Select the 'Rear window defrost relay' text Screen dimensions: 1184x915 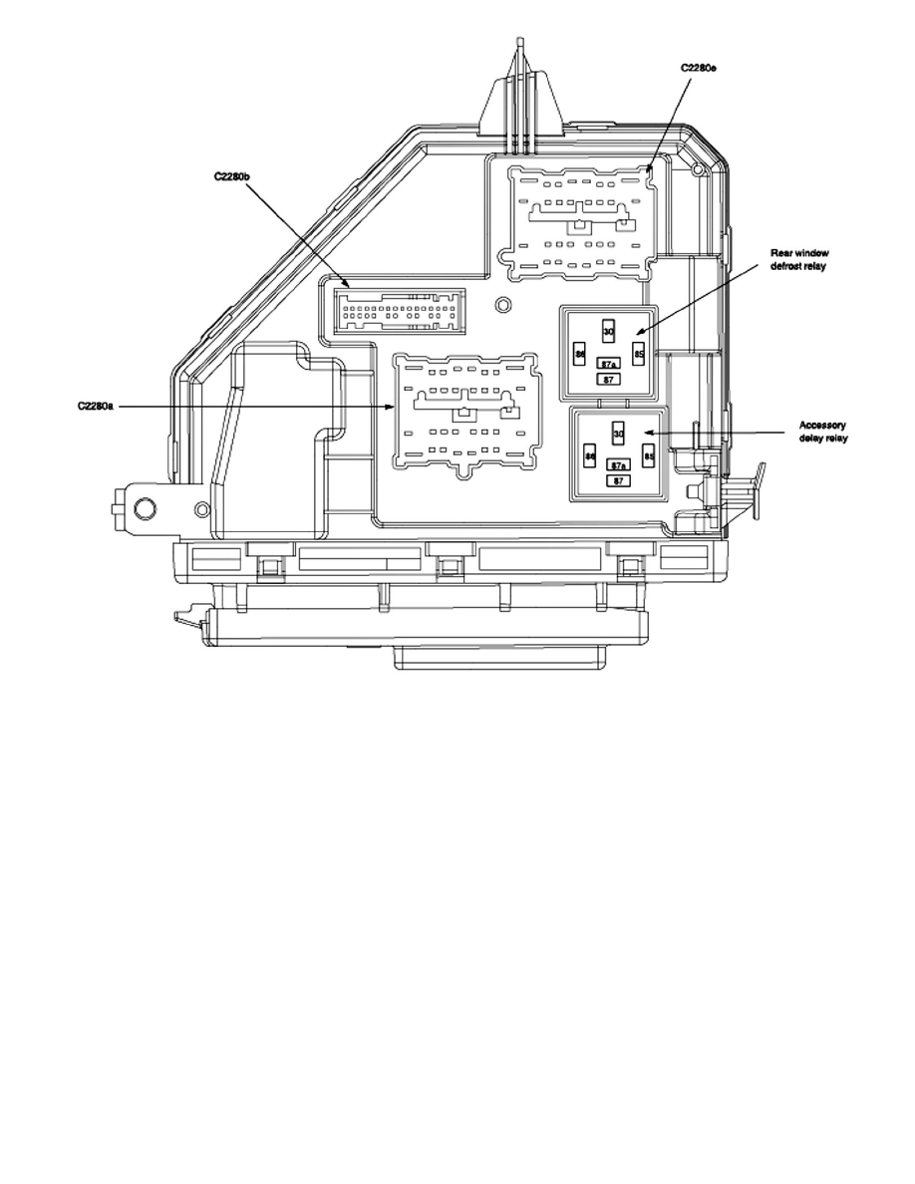click(799, 260)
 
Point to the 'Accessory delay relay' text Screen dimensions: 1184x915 click(823, 432)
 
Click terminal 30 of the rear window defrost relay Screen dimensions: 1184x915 click(608, 331)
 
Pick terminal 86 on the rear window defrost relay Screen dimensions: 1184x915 click(579, 354)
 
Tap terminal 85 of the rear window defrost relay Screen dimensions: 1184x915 click(639, 354)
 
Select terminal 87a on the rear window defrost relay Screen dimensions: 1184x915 click(606, 365)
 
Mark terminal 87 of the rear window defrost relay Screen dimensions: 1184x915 click(606, 379)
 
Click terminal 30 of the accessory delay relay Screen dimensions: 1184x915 click(618, 434)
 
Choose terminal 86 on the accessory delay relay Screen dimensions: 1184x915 click(589, 456)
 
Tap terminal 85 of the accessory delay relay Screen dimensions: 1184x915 click(648, 456)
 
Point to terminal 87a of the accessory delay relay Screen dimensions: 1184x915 click(618, 466)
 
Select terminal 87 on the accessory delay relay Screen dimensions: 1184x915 click(618, 480)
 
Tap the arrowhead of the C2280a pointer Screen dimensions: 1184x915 click(396, 408)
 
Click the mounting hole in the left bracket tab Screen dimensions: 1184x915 click(145, 509)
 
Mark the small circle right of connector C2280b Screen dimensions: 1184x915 click(503, 304)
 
